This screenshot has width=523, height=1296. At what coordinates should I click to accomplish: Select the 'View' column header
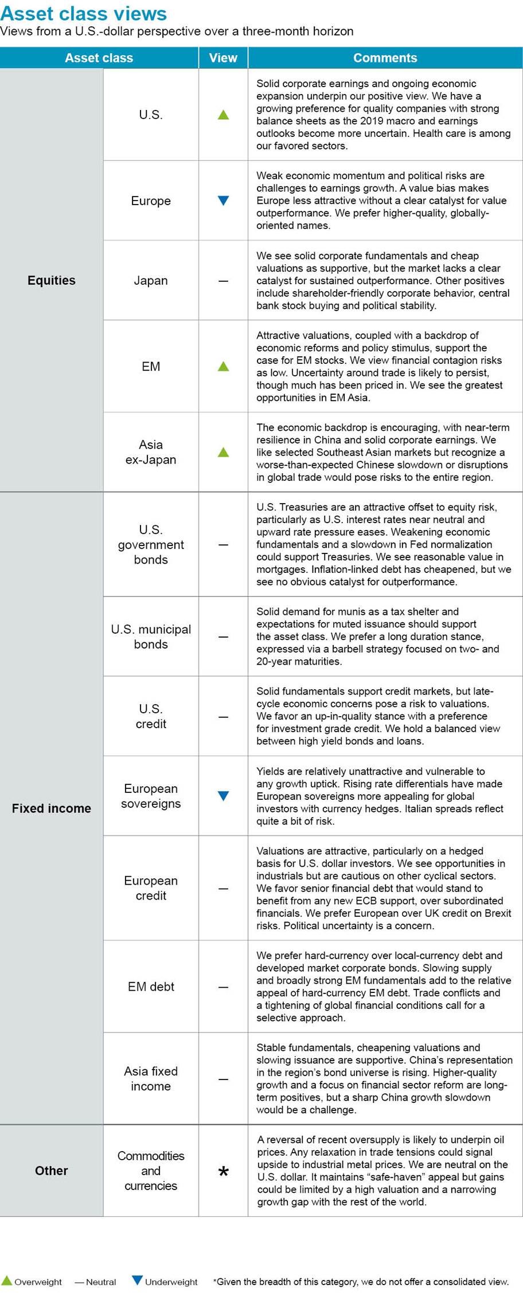tap(223, 58)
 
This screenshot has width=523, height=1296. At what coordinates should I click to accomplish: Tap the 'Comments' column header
tap(385, 58)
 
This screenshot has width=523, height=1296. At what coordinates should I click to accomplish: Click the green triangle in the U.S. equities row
tap(224, 115)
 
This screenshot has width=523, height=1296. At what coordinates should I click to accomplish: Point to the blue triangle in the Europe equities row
tap(224, 201)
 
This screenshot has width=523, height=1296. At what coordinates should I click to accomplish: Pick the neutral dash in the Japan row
tap(224, 281)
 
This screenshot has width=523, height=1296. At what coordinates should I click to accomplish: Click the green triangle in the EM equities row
tap(224, 367)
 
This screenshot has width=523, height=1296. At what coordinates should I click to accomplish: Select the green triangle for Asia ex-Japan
tap(224, 452)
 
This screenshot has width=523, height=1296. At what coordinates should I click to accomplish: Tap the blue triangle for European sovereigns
tap(224, 796)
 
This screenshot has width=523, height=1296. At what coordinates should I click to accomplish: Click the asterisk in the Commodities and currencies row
tap(224, 1172)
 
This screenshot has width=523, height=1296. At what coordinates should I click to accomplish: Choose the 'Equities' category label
tap(52, 280)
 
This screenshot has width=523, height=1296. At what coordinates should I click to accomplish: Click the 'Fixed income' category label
tap(52, 808)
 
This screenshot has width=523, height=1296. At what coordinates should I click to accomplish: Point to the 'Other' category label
tap(52, 1171)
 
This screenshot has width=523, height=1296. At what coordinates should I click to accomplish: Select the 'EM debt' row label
tap(151, 987)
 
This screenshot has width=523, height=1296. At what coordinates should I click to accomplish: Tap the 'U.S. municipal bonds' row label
tap(151, 637)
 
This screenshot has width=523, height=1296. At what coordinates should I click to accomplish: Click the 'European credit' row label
tap(151, 888)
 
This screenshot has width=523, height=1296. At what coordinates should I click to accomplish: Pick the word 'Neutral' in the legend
tap(101, 1282)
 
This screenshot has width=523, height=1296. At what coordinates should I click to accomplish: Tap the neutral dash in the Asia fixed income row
tap(224, 1079)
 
